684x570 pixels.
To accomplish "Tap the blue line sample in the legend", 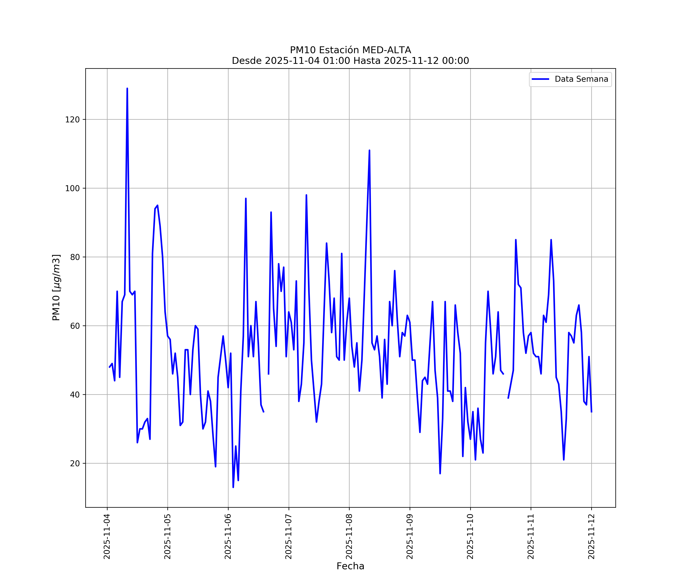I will [540, 79].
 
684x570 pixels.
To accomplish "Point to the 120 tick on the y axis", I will [72, 120].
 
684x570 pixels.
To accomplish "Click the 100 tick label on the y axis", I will [72, 188].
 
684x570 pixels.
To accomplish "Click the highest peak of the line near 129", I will [127, 89].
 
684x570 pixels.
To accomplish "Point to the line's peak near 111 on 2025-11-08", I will [369, 150].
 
